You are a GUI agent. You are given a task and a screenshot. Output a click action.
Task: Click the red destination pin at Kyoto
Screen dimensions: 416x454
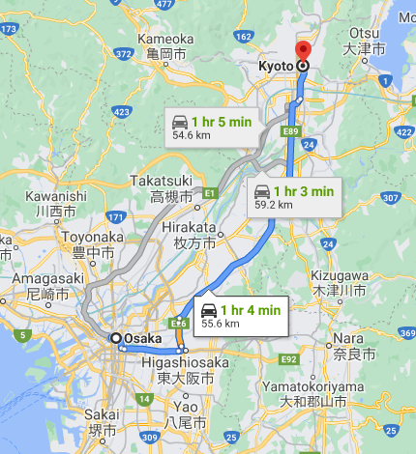[x=302, y=52]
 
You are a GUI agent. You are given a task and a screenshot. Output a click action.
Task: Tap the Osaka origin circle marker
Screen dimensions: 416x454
[x=116, y=338]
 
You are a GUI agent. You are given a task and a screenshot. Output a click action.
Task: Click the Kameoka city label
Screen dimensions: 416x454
[x=165, y=45]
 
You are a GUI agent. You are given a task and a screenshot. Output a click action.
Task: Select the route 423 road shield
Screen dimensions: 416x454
[x=122, y=112]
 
